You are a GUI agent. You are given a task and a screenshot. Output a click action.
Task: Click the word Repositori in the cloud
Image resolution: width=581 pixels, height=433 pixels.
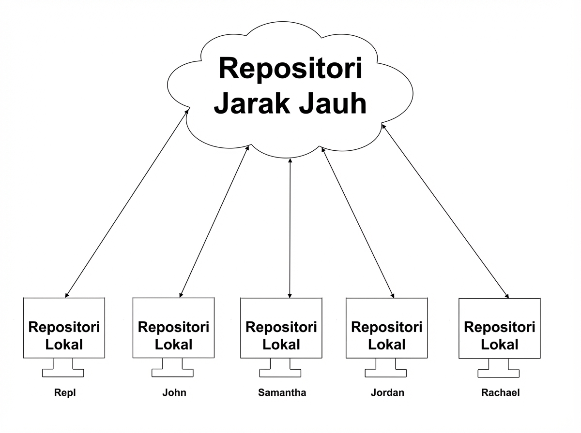point(290,69)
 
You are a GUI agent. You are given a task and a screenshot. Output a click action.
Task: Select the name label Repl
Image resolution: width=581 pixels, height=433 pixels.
point(64,392)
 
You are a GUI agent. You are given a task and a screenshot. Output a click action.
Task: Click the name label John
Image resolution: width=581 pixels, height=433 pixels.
point(174,392)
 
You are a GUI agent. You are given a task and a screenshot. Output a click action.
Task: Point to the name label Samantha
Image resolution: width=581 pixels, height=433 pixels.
point(282,392)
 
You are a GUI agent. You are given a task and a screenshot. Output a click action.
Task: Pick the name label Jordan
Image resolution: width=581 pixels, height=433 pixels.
point(387,392)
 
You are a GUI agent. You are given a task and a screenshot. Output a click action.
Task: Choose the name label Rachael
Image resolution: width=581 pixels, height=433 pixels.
point(500,392)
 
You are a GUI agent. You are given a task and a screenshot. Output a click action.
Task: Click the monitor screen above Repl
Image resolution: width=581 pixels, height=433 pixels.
point(64,328)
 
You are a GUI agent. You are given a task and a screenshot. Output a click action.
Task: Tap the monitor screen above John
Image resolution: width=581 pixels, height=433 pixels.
point(173,328)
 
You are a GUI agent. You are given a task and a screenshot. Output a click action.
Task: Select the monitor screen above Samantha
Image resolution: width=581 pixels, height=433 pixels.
point(281,328)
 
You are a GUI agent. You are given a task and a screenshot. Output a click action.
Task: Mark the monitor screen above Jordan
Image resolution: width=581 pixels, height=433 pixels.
point(387,328)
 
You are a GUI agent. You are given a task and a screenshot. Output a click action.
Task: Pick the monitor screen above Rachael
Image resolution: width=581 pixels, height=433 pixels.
point(500,328)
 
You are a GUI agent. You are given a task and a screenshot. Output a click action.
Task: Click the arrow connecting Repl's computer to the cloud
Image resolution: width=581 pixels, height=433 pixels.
point(127,203)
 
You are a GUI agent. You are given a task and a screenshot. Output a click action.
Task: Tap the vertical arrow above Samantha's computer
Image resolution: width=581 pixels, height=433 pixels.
point(290,227)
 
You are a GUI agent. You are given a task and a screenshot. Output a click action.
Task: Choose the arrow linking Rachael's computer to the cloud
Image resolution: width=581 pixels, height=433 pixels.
point(445,211)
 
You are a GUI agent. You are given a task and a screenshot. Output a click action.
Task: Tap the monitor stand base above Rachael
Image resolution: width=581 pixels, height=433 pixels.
point(499,373)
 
